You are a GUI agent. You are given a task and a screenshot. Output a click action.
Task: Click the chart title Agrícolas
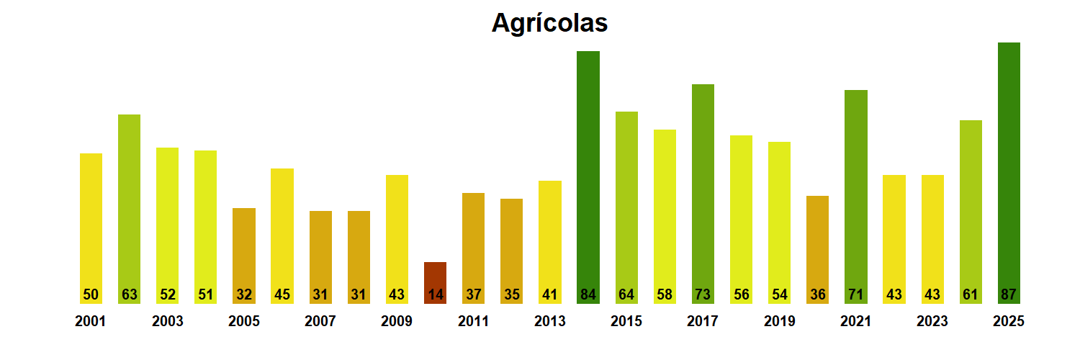[x=549, y=23]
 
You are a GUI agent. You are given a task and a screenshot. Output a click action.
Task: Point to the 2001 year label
[x=90, y=322]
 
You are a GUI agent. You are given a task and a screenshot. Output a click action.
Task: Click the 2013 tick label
[x=549, y=322]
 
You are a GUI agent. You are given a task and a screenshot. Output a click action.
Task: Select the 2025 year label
[x=1009, y=322]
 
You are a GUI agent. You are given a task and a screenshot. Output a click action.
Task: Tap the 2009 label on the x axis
[x=397, y=322]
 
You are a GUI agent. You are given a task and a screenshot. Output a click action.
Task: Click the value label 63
[x=129, y=294]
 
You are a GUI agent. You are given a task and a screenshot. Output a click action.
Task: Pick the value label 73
[x=703, y=294]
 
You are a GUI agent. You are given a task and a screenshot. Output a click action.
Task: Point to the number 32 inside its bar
[x=244, y=294]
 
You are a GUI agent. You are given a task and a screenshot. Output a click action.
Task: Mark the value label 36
[x=817, y=294]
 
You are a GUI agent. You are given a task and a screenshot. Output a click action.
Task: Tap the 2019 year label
[x=779, y=322]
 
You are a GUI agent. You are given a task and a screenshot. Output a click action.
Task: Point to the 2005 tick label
[x=244, y=322]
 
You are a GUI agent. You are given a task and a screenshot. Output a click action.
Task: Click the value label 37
[x=473, y=294]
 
